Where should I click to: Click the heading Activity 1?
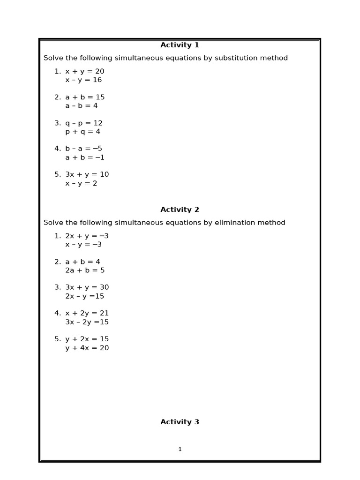pyautogui.click(x=180, y=45)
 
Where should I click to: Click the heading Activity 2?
pyautogui.click(x=180, y=210)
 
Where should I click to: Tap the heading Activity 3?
pyautogui.click(x=180, y=422)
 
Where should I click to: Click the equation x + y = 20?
pyautogui.click(x=85, y=71)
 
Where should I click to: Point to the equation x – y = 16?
pyautogui.click(x=83, y=80)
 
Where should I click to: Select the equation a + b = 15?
pyautogui.click(x=85, y=97)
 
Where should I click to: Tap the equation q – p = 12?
pyautogui.click(x=84, y=123)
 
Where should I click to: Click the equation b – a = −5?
pyautogui.click(x=84, y=149)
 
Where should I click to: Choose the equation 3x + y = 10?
pyautogui.click(x=87, y=174)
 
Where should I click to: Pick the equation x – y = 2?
pyautogui.click(x=82, y=183)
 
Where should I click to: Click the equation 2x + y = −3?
pyautogui.click(x=87, y=236)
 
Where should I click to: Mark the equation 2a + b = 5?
pyautogui.click(x=85, y=270)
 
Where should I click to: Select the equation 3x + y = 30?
pyautogui.click(x=87, y=287)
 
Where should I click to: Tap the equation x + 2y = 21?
pyautogui.click(x=87, y=313)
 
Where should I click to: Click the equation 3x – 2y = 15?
pyautogui.click(x=87, y=322)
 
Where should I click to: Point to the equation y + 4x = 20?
pyautogui.click(x=87, y=348)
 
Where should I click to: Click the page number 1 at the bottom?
pyautogui.click(x=180, y=449)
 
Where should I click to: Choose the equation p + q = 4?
pyautogui.click(x=83, y=132)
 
